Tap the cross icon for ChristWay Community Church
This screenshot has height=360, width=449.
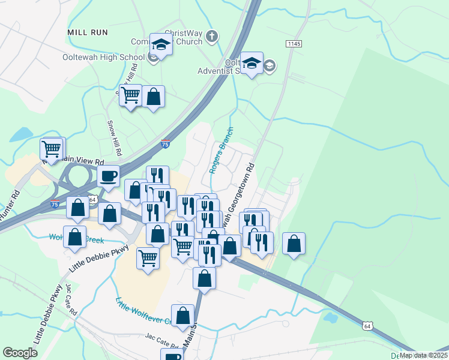[x=211, y=37]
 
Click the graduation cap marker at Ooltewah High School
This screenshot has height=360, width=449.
[x=161, y=44]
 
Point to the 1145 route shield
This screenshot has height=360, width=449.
[x=294, y=44]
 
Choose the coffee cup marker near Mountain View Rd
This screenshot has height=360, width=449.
[x=108, y=176]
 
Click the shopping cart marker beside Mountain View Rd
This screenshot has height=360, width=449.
[x=52, y=148]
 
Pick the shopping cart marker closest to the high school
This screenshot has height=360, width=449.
[x=130, y=95]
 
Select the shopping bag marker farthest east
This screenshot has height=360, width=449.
[x=294, y=243]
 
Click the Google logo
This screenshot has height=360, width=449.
[x=20, y=353]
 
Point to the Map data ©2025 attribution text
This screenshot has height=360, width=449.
[x=423, y=355]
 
